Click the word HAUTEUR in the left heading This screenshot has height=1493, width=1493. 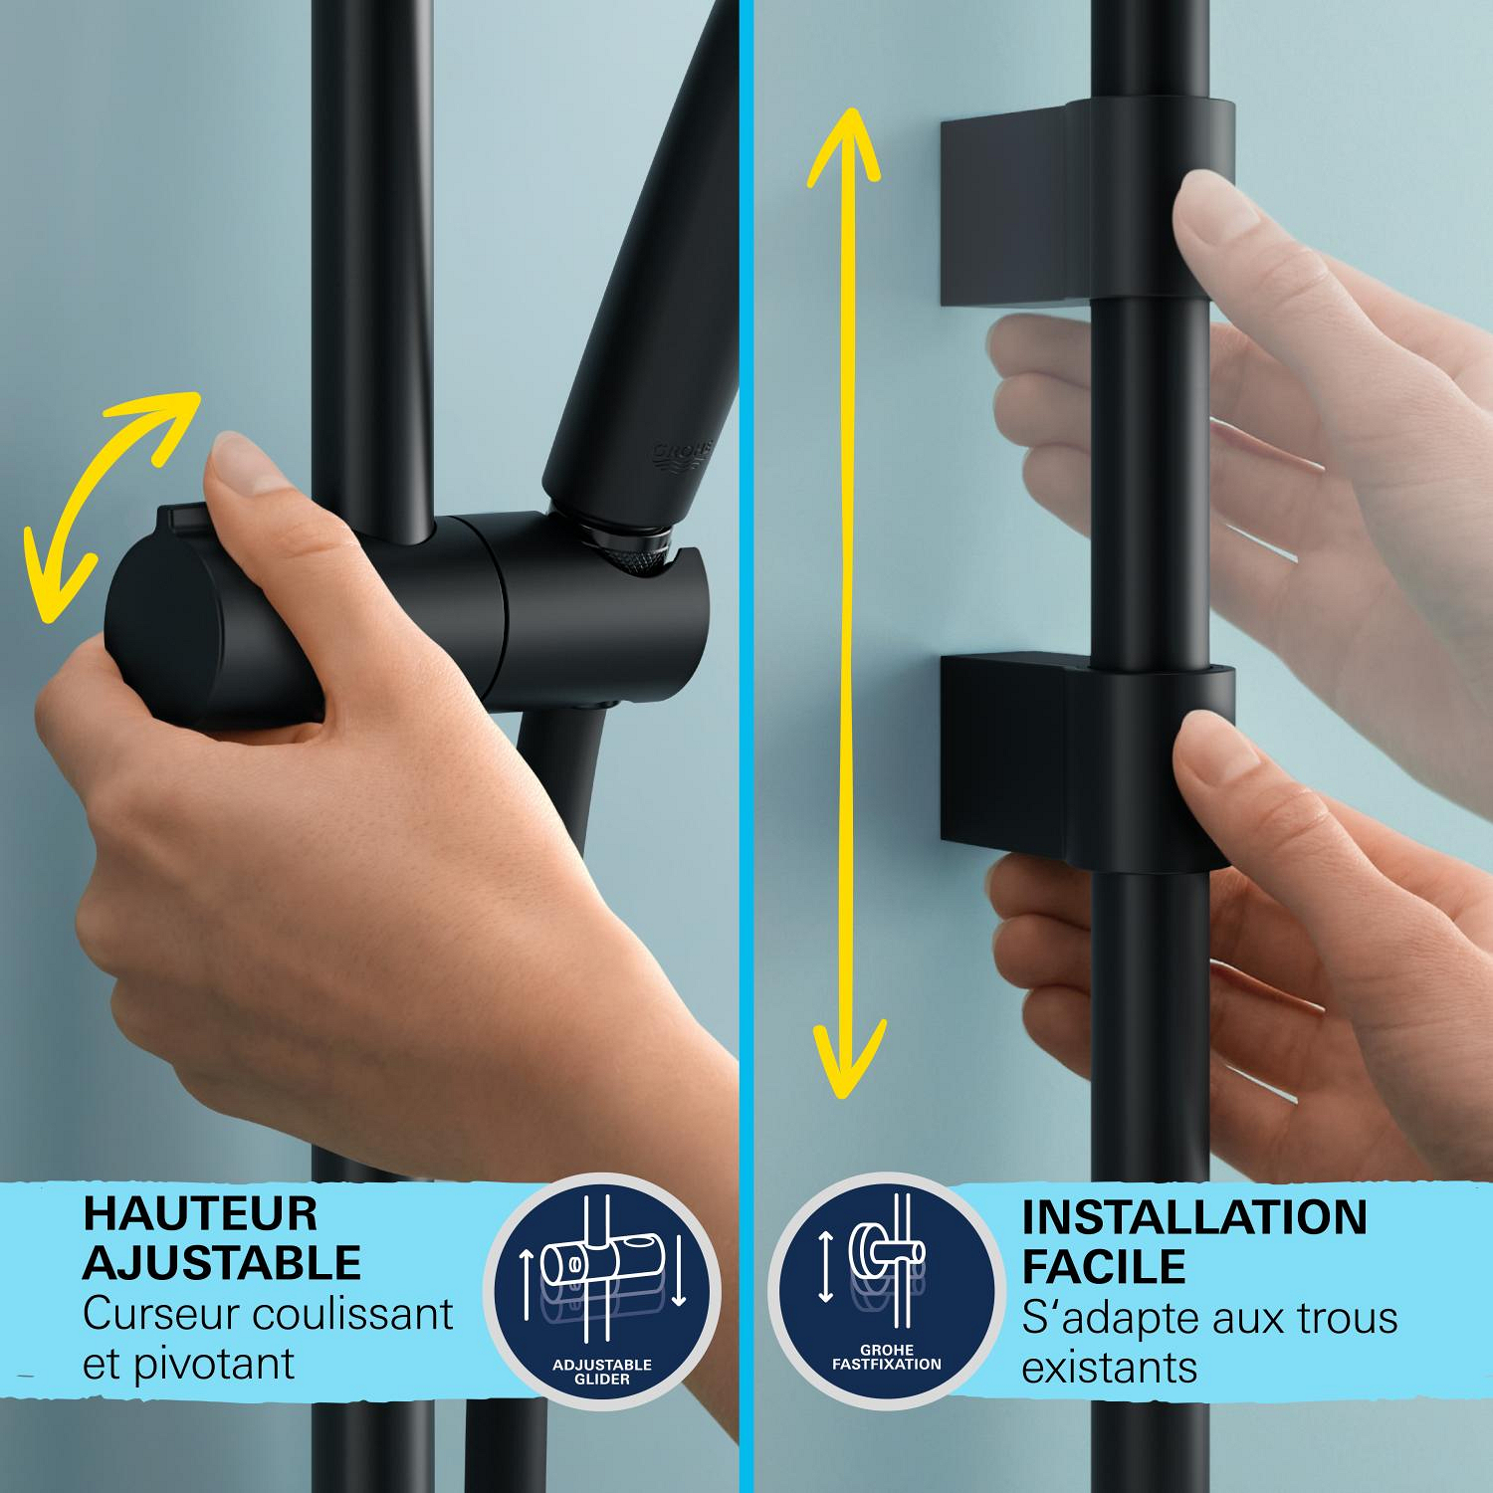pyautogui.click(x=200, y=1213)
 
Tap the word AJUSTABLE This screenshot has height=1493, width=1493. pyautogui.click(x=221, y=1262)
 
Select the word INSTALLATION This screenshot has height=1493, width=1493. pyautogui.click(x=1194, y=1217)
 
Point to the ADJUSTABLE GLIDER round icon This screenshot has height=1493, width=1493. pyautogui.click(x=601, y=1291)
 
